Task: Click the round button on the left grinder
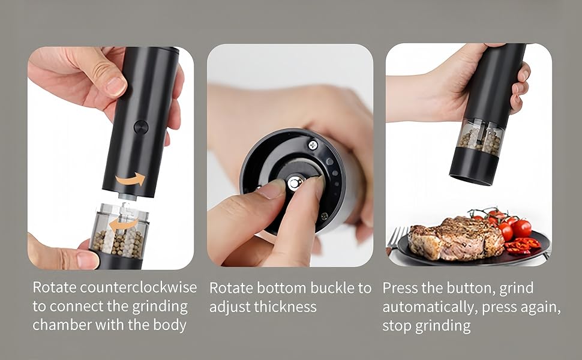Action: coord(141,127)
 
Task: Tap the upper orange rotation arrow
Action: coord(131,179)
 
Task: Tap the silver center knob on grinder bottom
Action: coord(295,184)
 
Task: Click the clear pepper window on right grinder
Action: coord(480,137)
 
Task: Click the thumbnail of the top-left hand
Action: coord(115,86)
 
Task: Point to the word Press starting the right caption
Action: coord(400,288)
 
